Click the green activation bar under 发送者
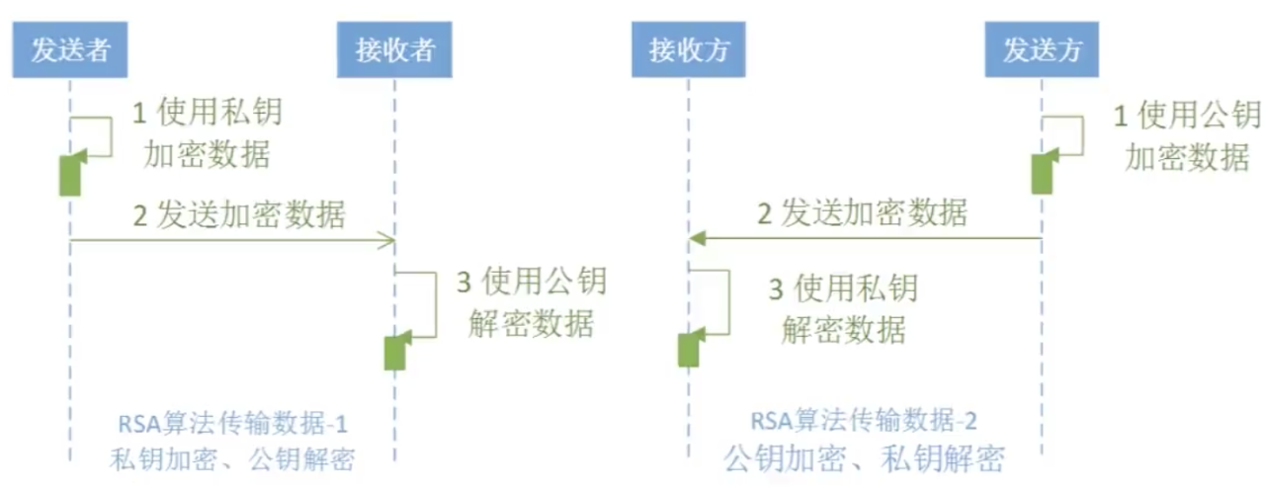(x=69, y=175)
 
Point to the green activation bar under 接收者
(x=394, y=352)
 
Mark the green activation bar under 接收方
(x=689, y=349)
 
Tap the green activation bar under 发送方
(x=1042, y=173)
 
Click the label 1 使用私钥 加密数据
(x=207, y=133)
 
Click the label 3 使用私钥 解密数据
(x=843, y=308)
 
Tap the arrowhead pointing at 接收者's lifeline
(x=388, y=239)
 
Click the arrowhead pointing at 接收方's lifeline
(x=696, y=238)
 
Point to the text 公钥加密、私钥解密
(x=863, y=458)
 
